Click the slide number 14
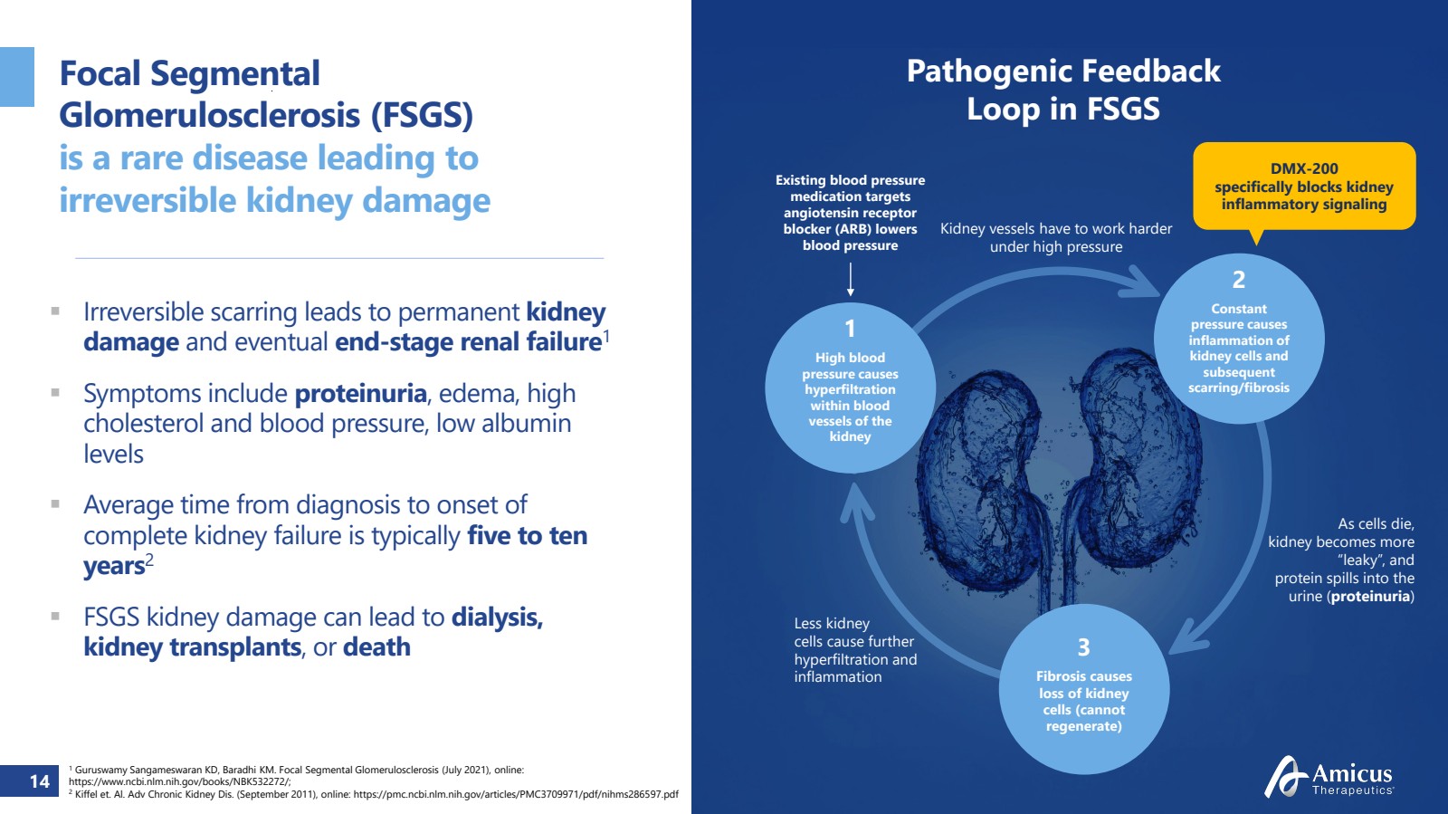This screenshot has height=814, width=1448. coord(40,781)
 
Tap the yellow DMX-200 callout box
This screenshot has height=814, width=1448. coord(1304,187)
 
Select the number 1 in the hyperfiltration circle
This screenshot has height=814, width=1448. coord(850,329)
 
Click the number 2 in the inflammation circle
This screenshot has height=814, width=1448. coord(1239,279)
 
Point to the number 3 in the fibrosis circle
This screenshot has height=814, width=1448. coord(1083,646)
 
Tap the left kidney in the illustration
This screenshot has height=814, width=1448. coord(976,478)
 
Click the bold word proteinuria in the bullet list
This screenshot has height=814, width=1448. coord(361,394)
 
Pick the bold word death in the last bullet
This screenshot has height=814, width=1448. coord(376,646)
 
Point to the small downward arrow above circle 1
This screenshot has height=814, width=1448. coord(850,280)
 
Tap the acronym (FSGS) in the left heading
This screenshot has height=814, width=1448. coord(422,115)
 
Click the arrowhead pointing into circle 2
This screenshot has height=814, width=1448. coord(1141,283)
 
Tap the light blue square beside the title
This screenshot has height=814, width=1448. coord(17,77)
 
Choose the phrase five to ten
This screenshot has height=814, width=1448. coord(527,535)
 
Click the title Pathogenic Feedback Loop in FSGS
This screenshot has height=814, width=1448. coord(1063,90)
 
